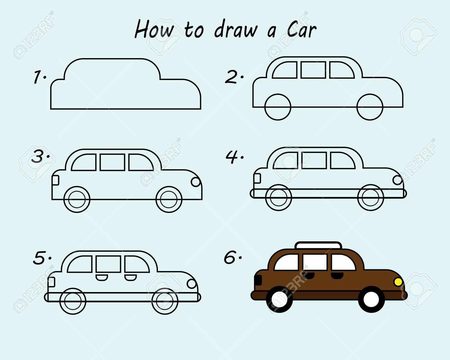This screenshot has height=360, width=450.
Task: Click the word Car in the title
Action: tap(301, 30)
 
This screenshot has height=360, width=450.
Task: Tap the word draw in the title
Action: tap(236, 30)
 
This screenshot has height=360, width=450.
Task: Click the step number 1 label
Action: tap(38, 77)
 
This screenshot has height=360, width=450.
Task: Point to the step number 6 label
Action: tap(231, 258)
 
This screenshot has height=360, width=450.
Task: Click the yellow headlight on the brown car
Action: tap(398, 282)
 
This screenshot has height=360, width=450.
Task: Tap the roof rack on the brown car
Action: tap(318, 245)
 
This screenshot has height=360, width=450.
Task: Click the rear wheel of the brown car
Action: tap(279, 299)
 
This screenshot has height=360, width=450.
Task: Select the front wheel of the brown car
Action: tap(371, 299)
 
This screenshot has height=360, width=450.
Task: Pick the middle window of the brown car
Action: tap(315, 262)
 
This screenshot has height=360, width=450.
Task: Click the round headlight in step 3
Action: tap(196, 182)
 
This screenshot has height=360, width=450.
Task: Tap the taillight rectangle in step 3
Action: tap(55, 180)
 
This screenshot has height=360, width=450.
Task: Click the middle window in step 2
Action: tap(313, 70)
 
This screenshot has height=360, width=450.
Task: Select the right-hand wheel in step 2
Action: tap(370, 107)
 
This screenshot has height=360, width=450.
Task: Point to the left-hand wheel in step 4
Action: tap(278, 198)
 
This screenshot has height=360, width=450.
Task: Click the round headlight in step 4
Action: tap(397, 180)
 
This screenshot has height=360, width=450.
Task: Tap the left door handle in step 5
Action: tap(101, 277)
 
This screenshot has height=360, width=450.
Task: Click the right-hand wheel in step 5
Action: tap(165, 301)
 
